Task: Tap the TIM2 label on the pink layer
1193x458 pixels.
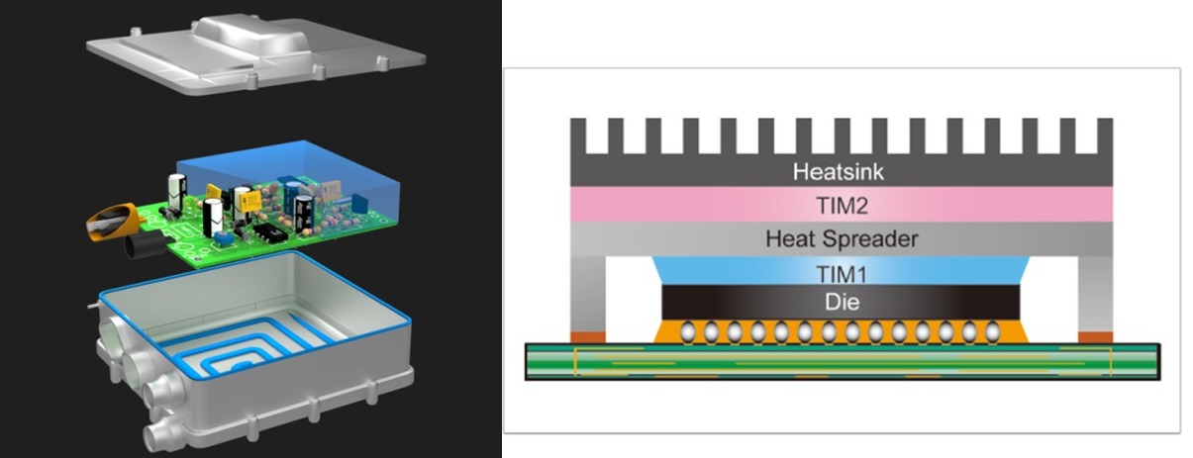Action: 842,205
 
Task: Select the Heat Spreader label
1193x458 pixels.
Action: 842,238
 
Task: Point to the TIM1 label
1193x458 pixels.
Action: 842,273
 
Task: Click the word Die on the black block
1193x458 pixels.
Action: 842,302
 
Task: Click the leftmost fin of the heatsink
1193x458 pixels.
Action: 578,136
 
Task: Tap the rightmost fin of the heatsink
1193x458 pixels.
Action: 1104,136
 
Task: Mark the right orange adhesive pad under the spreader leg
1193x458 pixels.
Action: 1094,337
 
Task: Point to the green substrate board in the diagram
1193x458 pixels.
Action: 842,362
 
